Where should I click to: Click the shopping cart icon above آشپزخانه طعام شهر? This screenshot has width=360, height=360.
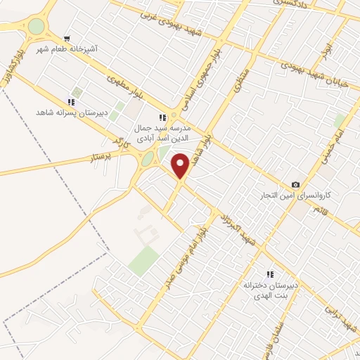coord(67,39)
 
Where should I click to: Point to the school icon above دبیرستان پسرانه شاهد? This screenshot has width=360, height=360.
coord(72,101)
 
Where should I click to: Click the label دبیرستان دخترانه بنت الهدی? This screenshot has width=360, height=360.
coord(271,292)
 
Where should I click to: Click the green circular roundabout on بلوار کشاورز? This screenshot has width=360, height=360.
coord(35,27)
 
